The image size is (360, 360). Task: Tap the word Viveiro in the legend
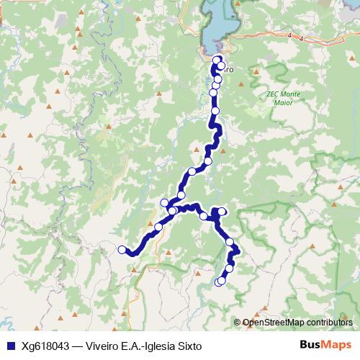point(104,345)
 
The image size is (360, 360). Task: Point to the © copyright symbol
point(238,323)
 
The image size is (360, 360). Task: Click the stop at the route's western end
point(122,250)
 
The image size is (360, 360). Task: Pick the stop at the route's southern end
point(218,282)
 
